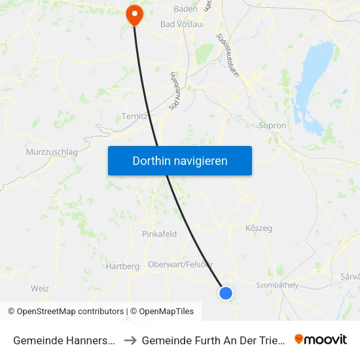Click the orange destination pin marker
(x=134, y=14)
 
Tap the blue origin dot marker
(x=226, y=293)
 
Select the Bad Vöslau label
(x=181, y=24)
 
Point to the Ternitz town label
(x=135, y=117)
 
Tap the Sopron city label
(x=273, y=125)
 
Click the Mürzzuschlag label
(x=52, y=152)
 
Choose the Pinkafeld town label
(x=159, y=234)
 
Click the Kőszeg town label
(x=258, y=228)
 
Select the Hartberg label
(x=122, y=266)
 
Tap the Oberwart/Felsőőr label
(x=181, y=264)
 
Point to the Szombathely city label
(x=278, y=285)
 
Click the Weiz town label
(x=40, y=288)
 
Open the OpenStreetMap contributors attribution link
(x=65, y=312)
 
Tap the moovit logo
(x=321, y=340)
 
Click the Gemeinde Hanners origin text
(x=65, y=340)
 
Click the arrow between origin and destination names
(x=130, y=340)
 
